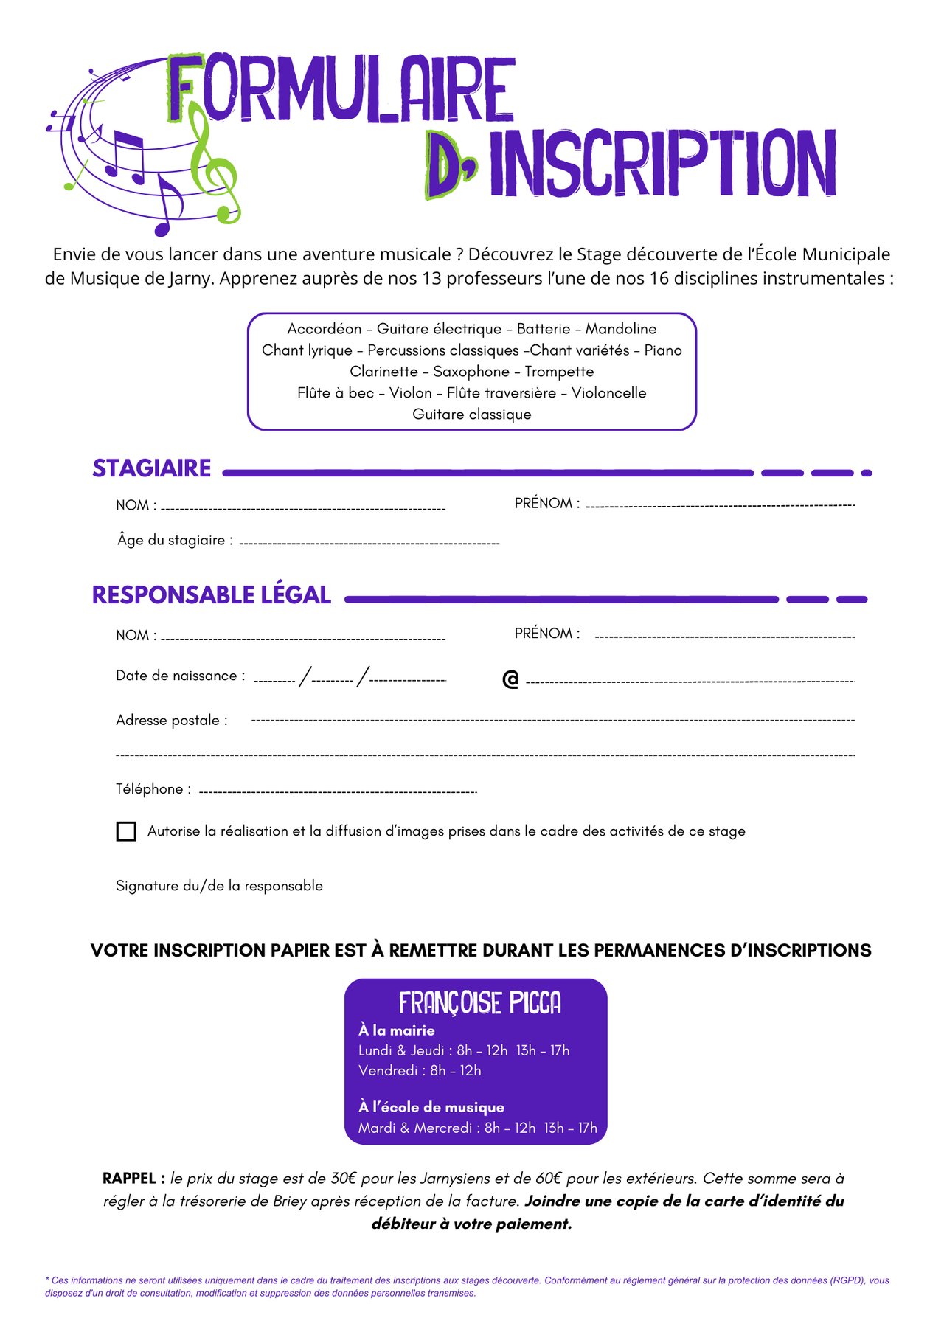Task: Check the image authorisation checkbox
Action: [x=126, y=831]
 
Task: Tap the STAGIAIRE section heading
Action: [x=152, y=468]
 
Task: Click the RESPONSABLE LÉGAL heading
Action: [x=212, y=595]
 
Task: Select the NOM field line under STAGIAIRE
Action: [x=303, y=508]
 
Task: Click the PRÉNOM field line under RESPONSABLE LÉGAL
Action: [x=725, y=637]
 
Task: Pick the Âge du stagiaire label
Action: [x=175, y=541]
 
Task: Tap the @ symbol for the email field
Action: [x=510, y=679]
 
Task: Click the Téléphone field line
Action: [x=338, y=792]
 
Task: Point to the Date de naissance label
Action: [x=180, y=676]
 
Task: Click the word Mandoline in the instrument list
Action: [x=621, y=329]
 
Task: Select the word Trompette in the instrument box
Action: [x=559, y=372]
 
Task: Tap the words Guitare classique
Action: [x=472, y=415]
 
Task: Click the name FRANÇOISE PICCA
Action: [x=479, y=1003]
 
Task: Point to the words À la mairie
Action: [x=397, y=1030]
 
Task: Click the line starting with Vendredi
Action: [x=420, y=1070]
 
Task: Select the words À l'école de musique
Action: [x=431, y=1107]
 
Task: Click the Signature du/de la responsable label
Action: [x=219, y=886]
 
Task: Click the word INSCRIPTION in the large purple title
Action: [x=662, y=164]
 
